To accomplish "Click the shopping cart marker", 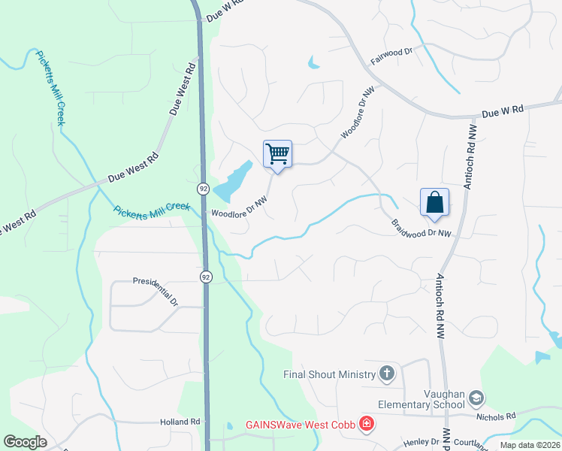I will click(x=277, y=155).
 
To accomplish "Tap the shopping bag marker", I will click(x=434, y=203).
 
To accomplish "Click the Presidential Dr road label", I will click(x=156, y=290).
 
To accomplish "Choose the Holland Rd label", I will click(x=180, y=422).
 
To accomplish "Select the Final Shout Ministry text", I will click(x=329, y=374).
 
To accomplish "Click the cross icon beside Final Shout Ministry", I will click(x=386, y=374).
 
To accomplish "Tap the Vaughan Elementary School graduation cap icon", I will click(x=476, y=398).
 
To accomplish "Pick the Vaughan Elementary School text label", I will click(x=421, y=398).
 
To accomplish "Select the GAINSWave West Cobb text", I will click(x=301, y=425).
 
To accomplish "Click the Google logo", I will click(x=25, y=442).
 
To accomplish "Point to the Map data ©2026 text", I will click(x=529, y=445).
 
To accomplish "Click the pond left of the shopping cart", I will click(x=234, y=179).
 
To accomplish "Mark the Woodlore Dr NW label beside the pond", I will click(x=239, y=208).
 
